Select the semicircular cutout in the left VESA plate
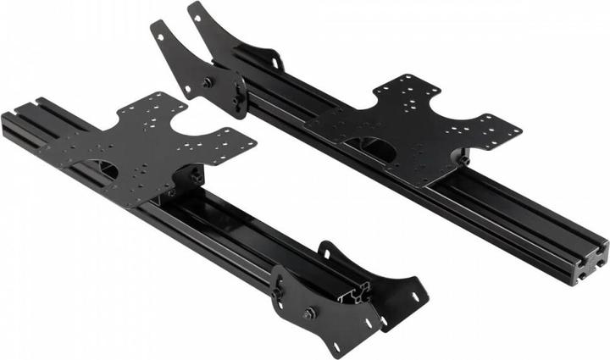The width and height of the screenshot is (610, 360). click(x=107, y=169)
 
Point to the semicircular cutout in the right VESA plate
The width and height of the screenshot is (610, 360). click(x=379, y=149)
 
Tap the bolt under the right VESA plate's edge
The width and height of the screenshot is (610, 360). click(x=463, y=158)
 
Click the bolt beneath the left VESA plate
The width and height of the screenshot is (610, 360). click(x=197, y=176)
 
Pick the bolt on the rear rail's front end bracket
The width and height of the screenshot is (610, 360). click(x=207, y=82)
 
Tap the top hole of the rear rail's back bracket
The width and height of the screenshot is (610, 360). click(x=196, y=11)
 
